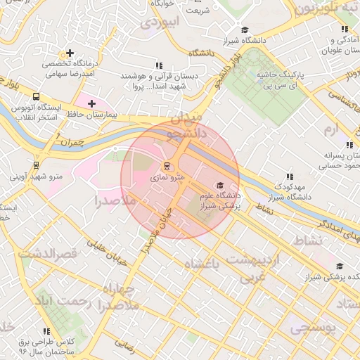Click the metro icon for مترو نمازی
pos(167,167)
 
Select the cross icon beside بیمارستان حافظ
pos(91,103)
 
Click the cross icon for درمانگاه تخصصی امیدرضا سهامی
pos(69,53)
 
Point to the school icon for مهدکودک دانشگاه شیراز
pos(289,177)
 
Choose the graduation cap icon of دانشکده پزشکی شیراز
pos(340,266)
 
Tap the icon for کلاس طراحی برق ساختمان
pos(46,331)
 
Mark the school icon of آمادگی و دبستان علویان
pos(344,30)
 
